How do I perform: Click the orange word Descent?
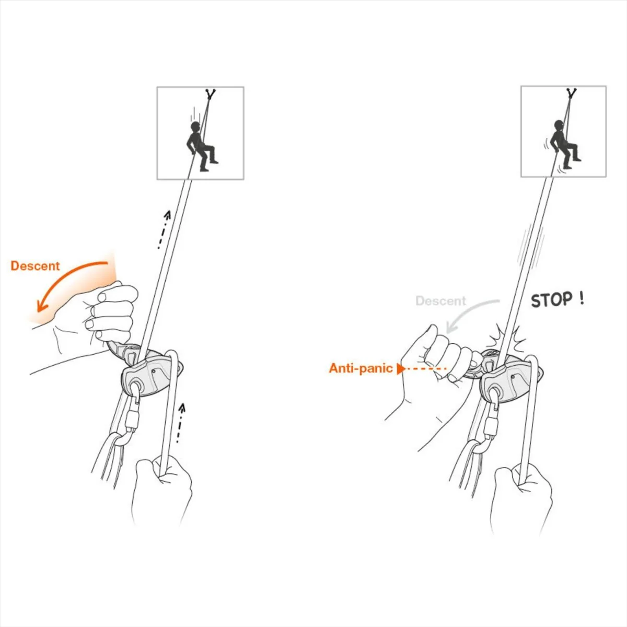click(35, 266)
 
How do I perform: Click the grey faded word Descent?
click(441, 300)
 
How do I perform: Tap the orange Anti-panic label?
click(361, 368)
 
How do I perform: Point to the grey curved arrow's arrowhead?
click(450, 327)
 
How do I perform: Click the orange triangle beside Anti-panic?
click(401, 369)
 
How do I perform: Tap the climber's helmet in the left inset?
click(195, 126)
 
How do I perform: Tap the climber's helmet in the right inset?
click(559, 125)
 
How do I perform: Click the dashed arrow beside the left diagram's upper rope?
click(164, 230)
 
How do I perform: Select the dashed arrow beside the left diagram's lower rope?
click(180, 423)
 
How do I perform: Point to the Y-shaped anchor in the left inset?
click(210, 94)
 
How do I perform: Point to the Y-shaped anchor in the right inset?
click(571, 93)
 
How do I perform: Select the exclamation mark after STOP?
click(582, 298)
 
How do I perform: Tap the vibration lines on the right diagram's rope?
click(531, 247)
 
